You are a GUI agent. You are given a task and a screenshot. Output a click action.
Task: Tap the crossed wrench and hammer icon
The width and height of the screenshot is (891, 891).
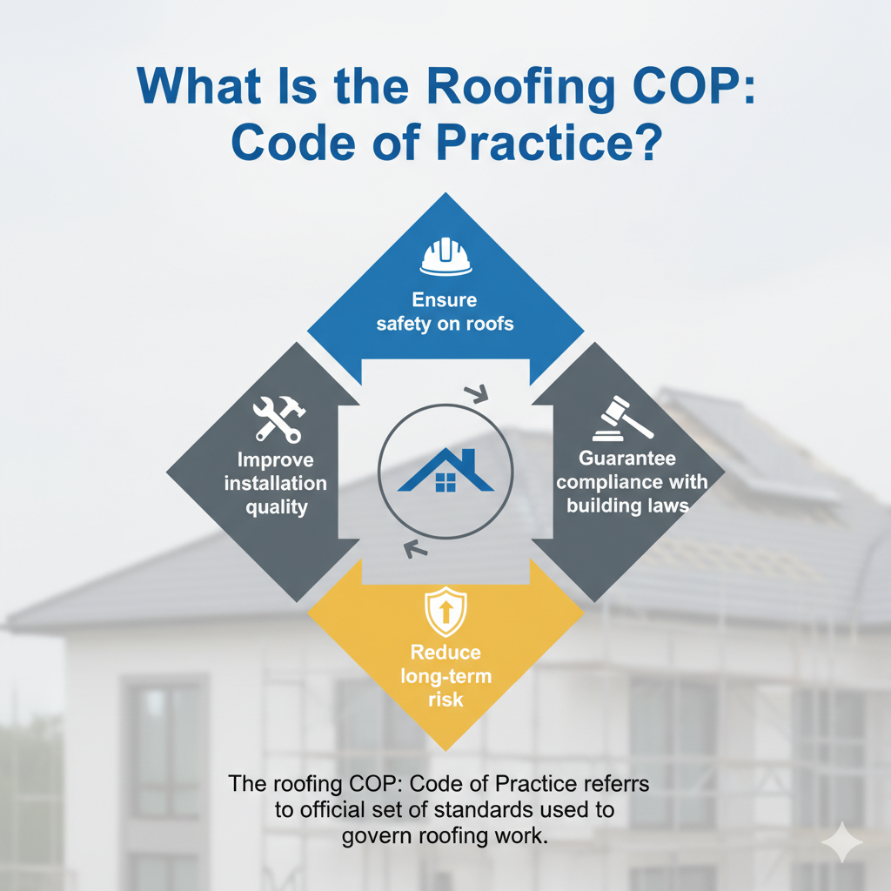277,419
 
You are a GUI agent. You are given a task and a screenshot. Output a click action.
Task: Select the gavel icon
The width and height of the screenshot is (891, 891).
619,419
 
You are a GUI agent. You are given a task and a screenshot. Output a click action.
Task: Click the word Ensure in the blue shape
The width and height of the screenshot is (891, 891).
445,300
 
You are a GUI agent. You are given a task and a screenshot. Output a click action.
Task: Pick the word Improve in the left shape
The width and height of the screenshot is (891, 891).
275,460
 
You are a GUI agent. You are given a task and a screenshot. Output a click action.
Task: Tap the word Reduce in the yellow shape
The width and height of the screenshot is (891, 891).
445,652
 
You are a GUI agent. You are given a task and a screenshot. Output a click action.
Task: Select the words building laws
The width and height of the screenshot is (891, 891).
627,506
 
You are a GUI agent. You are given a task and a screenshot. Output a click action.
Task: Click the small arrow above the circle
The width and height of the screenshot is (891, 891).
477,394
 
